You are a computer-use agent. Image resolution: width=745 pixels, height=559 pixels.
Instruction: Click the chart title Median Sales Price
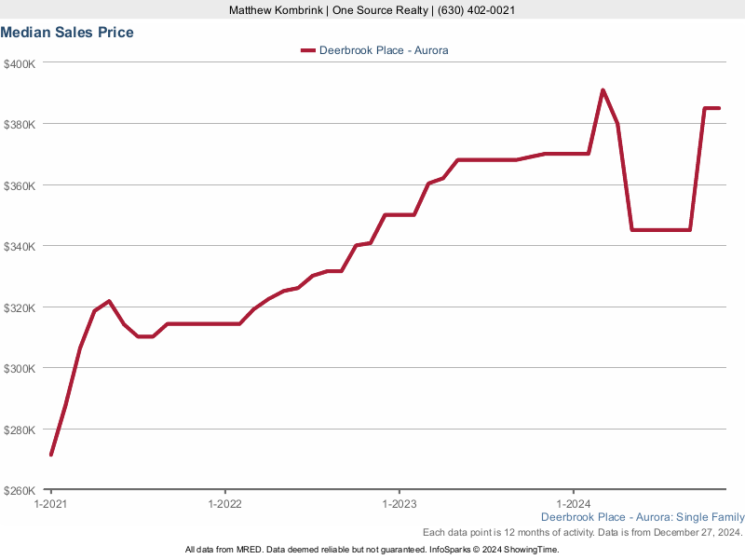pos(67,33)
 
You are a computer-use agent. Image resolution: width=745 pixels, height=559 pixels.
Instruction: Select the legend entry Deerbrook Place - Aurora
pos(384,50)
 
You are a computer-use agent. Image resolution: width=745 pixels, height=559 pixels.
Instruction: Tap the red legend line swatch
pos(307,50)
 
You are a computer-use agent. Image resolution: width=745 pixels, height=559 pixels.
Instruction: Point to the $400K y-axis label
pos(20,63)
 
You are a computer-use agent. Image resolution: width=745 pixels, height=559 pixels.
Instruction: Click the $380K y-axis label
pos(20,124)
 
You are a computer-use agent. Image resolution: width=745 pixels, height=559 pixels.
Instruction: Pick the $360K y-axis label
pos(20,185)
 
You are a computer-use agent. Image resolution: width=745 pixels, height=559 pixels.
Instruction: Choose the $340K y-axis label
pos(20,246)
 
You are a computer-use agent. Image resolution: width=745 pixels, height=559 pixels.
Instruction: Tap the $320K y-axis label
pos(20,307)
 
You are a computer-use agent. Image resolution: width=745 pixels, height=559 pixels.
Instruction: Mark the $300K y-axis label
pos(20,368)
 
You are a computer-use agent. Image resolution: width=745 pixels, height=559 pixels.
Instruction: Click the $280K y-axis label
pos(20,429)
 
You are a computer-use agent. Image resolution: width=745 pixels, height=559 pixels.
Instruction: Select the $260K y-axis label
pos(20,490)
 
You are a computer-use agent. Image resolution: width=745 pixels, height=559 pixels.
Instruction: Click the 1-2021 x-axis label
pos(50,503)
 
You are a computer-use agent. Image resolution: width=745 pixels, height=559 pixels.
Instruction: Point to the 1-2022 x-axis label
pos(224,503)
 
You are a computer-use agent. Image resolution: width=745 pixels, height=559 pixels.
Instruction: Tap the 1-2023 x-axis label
pos(399,503)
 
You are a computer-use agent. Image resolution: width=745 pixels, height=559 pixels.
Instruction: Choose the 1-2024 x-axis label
pos(573,503)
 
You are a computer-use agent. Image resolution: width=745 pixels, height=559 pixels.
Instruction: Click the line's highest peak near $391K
pos(603,90)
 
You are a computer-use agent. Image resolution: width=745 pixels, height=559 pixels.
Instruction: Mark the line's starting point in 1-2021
pos(51,455)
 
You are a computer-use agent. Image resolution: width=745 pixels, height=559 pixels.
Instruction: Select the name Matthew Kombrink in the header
pos(275,10)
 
